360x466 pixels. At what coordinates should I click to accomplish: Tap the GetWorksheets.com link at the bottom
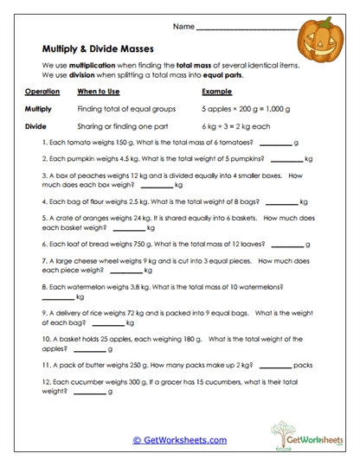coord(180,440)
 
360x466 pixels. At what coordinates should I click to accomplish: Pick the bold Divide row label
coord(35,125)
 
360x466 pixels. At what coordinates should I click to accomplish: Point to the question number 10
coord(48,339)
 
